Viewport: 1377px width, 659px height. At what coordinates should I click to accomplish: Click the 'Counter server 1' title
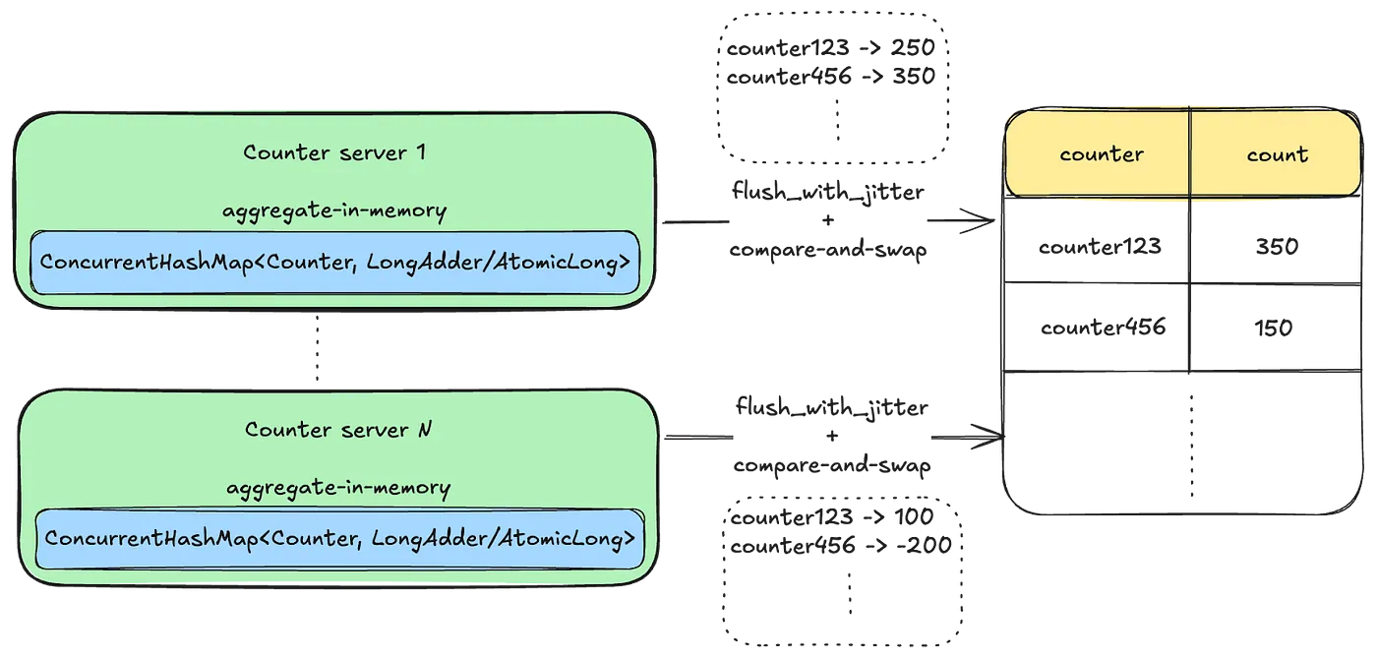coord(333,152)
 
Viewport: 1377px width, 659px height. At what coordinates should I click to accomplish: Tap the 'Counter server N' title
coord(338,430)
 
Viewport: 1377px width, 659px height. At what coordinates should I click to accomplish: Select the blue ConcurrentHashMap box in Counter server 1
coord(335,263)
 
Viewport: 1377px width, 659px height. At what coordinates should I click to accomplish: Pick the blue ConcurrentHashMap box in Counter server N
coord(339,538)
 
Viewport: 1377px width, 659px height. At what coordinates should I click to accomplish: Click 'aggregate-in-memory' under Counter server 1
coord(334,210)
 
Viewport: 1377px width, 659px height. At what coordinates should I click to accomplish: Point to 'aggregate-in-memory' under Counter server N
coord(338,488)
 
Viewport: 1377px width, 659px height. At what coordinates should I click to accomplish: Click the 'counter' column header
coord(1102,154)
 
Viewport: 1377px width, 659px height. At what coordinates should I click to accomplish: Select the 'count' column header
coord(1277,154)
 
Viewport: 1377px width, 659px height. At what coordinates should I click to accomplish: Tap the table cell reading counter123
coord(1100,246)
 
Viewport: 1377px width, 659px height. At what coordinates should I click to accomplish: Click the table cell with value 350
coord(1276,246)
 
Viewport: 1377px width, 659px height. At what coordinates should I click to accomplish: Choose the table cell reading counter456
coord(1103,328)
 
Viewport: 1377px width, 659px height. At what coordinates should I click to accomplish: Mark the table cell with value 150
coord(1274,328)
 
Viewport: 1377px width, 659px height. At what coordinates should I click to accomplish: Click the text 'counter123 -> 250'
coord(830,48)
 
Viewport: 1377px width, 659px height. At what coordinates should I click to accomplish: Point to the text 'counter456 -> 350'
coord(830,76)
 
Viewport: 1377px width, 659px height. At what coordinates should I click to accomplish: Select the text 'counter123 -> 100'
coord(832,517)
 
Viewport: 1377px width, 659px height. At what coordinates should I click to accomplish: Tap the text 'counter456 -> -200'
coord(841,545)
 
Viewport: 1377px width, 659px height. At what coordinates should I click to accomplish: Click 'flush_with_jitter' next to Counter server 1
coord(827,191)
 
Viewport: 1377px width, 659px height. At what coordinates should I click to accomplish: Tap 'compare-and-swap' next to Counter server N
coord(832,465)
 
